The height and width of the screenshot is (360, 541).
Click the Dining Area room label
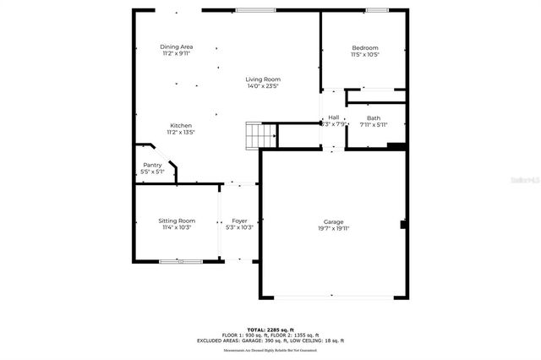pos(177,46)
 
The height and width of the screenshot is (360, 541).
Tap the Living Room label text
pos(263,79)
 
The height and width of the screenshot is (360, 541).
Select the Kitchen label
pos(181,125)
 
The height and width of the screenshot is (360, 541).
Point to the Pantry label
pos(152,165)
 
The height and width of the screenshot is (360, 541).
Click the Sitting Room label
pos(177,221)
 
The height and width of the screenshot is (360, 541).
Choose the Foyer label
pos(239,221)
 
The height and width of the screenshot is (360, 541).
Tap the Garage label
pos(333,221)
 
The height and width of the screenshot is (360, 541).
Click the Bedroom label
pos(365,48)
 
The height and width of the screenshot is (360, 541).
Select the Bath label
pos(374,117)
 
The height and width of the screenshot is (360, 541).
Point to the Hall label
pos(334,117)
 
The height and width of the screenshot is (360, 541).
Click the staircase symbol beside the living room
pos(261,134)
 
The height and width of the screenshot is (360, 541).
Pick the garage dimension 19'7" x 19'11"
pos(333,228)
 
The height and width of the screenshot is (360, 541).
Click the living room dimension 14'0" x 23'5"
pos(263,86)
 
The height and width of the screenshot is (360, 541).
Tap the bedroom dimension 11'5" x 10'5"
pos(365,55)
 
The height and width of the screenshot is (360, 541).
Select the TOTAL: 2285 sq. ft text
pos(270,329)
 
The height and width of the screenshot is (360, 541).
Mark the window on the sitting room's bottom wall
pos(180,262)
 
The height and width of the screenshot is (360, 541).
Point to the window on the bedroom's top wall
pos(377,10)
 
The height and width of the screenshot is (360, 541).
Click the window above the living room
pos(255,10)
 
